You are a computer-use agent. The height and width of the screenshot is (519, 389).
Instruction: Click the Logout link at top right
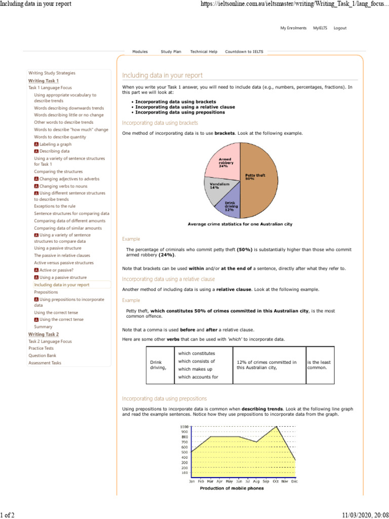(x=340, y=28)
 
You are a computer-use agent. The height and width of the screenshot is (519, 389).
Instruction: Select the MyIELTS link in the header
(x=320, y=28)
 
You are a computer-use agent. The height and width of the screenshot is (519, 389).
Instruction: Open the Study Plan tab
(x=170, y=52)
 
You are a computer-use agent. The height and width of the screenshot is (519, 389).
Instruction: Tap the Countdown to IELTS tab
(x=244, y=52)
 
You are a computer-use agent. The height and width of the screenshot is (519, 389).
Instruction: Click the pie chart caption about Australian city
(x=240, y=224)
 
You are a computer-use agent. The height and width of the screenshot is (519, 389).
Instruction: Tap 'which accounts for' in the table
(x=198, y=377)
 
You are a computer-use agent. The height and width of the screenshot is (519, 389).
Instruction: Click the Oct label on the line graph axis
(x=276, y=481)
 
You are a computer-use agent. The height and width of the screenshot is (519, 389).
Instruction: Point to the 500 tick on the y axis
(x=185, y=452)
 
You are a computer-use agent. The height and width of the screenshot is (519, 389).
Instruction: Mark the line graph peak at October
(x=277, y=427)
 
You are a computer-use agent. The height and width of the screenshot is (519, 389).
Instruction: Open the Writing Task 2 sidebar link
(x=44, y=335)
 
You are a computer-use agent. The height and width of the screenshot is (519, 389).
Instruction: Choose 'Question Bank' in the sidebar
(x=43, y=356)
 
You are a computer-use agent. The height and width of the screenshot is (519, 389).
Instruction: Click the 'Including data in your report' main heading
(x=162, y=76)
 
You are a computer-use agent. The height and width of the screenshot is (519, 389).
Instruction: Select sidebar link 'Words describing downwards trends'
(x=69, y=108)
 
